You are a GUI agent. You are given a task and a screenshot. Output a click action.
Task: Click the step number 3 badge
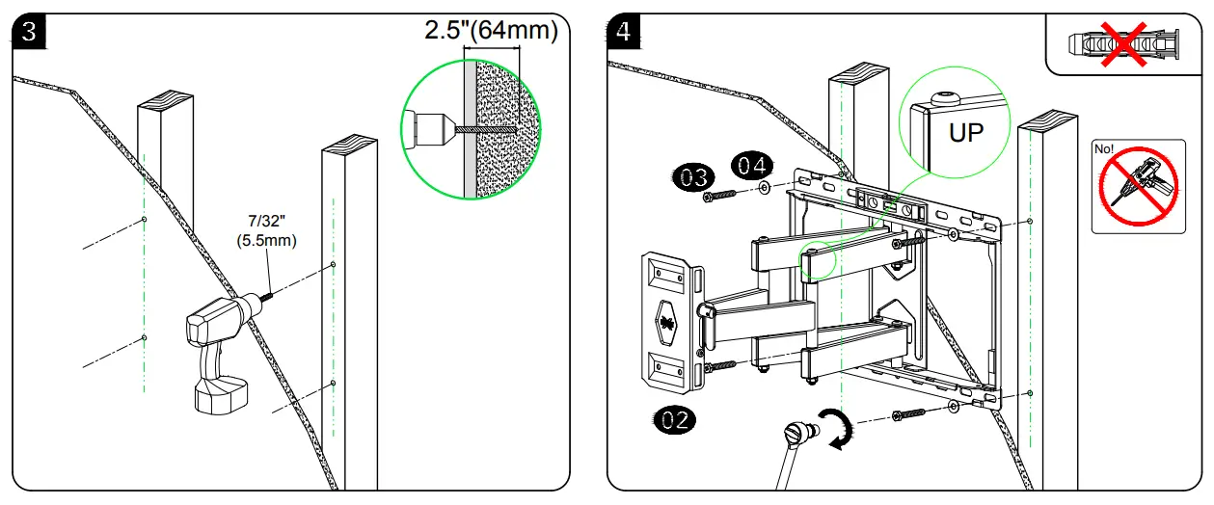(29, 31)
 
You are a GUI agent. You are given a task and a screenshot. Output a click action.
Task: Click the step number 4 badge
(625, 31)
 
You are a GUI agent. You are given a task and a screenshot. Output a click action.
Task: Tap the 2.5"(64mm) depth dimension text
(491, 30)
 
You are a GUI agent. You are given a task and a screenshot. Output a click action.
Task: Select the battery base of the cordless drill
(222, 394)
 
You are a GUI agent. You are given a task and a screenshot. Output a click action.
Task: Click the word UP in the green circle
(966, 133)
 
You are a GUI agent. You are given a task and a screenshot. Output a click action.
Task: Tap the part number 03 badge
(691, 177)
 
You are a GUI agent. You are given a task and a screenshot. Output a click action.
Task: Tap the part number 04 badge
(753, 165)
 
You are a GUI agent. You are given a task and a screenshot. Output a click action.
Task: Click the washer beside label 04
(765, 189)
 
